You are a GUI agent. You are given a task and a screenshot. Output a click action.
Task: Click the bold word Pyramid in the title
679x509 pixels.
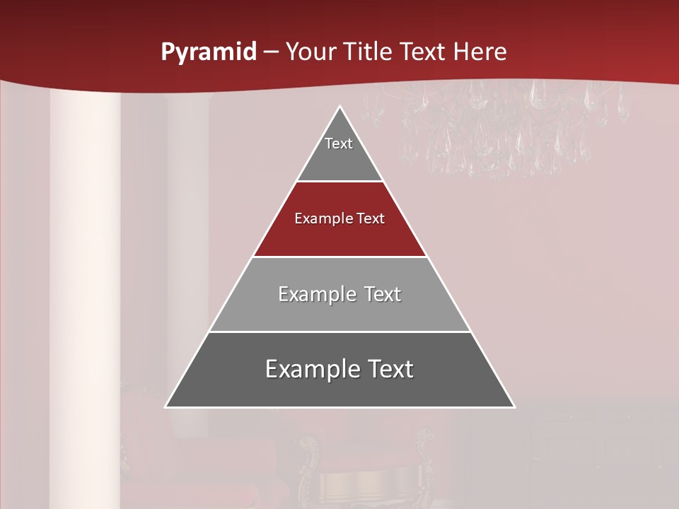point(209,52)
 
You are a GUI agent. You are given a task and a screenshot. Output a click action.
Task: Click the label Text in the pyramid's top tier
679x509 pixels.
point(339,144)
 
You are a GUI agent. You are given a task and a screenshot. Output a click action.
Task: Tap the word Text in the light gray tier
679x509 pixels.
point(383,294)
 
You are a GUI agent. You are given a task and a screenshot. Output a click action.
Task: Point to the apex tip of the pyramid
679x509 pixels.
point(340,107)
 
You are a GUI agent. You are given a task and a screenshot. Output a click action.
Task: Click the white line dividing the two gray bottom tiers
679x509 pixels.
point(340,332)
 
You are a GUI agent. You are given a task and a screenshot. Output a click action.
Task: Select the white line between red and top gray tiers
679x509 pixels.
point(340,181)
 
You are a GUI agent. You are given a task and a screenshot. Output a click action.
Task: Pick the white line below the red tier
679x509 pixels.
point(340,257)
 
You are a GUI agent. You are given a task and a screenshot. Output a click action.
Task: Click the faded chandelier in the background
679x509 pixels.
point(509,127)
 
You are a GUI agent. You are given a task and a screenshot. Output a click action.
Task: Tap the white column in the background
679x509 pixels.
point(85,283)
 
